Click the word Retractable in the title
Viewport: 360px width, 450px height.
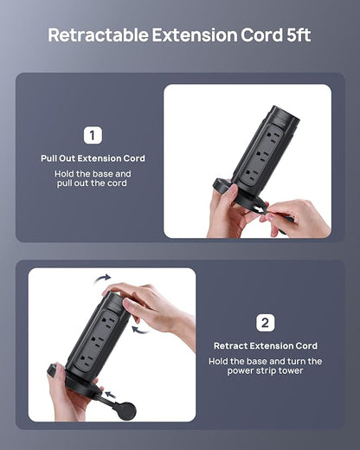pyautogui.click(x=98, y=35)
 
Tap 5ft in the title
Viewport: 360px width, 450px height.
pyautogui.click(x=299, y=35)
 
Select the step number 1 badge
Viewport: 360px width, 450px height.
pyautogui.click(x=93, y=135)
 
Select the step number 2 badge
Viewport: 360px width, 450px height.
pyautogui.click(x=266, y=323)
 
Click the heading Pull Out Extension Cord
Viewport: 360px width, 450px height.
pyautogui.click(x=93, y=158)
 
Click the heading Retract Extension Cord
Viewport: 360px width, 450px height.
pyautogui.click(x=266, y=345)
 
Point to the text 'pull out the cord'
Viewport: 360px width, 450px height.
pyautogui.click(x=92, y=183)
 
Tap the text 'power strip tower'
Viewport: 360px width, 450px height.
pyautogui.click(x=265, y=370)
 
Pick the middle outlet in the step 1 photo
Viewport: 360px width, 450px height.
pyautogui.click(x=261, y=155)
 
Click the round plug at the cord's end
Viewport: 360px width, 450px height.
pyautogui.click(x=125, y=411)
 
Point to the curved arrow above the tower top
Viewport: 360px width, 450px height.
pyautogui.click(x=103, y=279)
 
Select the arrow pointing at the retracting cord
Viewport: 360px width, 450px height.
pyautogui.click(x=111, y=395)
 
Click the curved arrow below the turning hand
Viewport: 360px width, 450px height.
pyautogui.click(x=140, y=330)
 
